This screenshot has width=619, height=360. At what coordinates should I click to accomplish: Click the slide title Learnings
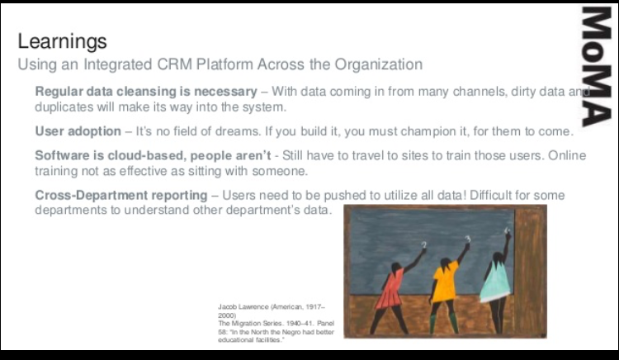click(x=62, y=41)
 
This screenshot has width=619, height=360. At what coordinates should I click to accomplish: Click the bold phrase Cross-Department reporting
click(x=120, y=195)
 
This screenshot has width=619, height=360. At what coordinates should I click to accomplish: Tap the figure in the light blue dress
click(x=496, y=279)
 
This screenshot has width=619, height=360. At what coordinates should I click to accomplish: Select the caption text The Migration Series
click(x=248, y=322)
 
